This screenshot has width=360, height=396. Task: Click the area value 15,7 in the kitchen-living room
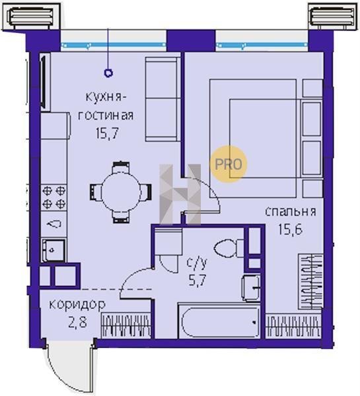(x=107, y=133)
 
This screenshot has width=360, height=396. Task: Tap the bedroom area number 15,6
(x=290, y=229)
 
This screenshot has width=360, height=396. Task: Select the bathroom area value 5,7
(x=198, y=280)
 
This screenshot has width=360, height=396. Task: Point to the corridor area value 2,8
(x=77, y=323)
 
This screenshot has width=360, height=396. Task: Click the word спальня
(x=291, y=212)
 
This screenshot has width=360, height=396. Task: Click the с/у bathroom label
(x=197, y=263)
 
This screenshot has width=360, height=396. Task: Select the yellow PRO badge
(x=229, y=164)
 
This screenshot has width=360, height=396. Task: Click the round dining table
(x=121, y=192)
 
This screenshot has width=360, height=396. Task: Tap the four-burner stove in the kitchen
(x=54, y=197)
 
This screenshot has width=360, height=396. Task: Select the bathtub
(x=219, y=321)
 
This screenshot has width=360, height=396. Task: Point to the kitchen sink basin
(x=53, y=250)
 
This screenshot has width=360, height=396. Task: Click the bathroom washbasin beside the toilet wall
(x=251, y=288)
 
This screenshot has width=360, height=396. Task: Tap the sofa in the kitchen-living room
(x=162, y=99)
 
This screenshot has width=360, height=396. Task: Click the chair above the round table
(x=121, y=167)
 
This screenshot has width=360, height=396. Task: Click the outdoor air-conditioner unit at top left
(x=31, y=16)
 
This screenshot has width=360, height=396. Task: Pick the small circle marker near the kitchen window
(x=108, y=73)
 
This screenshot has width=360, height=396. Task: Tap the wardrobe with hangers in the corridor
(x=126, y=325)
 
